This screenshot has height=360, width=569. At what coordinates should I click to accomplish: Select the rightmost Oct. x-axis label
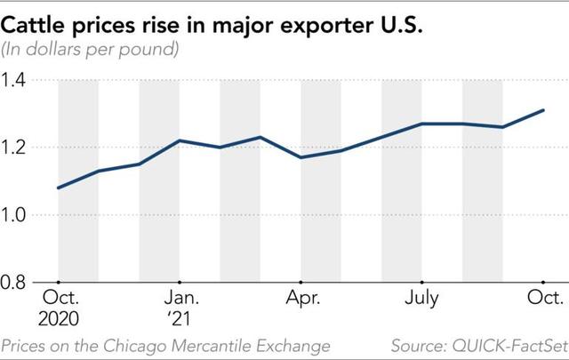coord(544,297)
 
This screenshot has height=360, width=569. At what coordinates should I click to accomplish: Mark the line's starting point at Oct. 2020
coord(59,188)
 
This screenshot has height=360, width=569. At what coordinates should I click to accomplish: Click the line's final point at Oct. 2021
coord(543,110)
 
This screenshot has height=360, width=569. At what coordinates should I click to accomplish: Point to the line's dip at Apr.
coord(301,157)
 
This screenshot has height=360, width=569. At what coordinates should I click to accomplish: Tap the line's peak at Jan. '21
coord(180,141)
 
